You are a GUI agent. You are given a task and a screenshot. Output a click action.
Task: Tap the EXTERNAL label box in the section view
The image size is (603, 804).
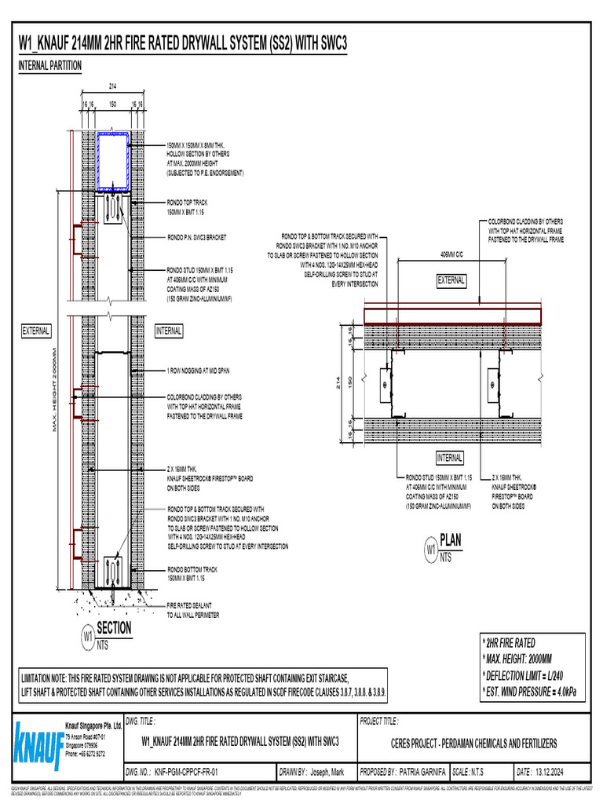coord(36,331)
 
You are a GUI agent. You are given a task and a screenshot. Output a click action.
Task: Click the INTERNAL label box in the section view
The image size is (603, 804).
coord(169,331)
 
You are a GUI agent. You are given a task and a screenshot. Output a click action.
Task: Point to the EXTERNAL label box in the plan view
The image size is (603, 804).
coord(451,280)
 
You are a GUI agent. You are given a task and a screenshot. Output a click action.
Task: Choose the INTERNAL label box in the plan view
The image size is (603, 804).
coord(450,458)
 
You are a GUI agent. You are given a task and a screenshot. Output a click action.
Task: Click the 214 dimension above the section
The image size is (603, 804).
coord(113,87)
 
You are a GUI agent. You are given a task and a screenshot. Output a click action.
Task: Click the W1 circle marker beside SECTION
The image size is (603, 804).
coord(88,634)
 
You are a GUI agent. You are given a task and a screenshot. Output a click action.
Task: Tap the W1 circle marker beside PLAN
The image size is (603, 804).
coord(430,546)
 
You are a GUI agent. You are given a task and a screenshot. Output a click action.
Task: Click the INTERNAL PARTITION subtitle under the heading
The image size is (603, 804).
coord(49,66)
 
